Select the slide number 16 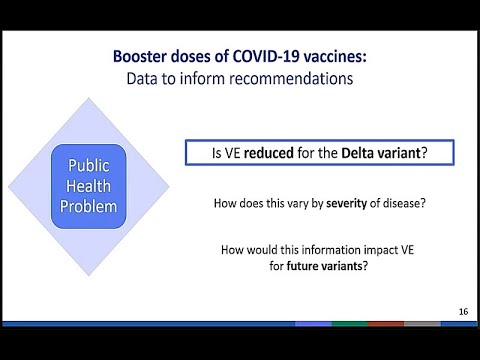coord(463,311)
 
